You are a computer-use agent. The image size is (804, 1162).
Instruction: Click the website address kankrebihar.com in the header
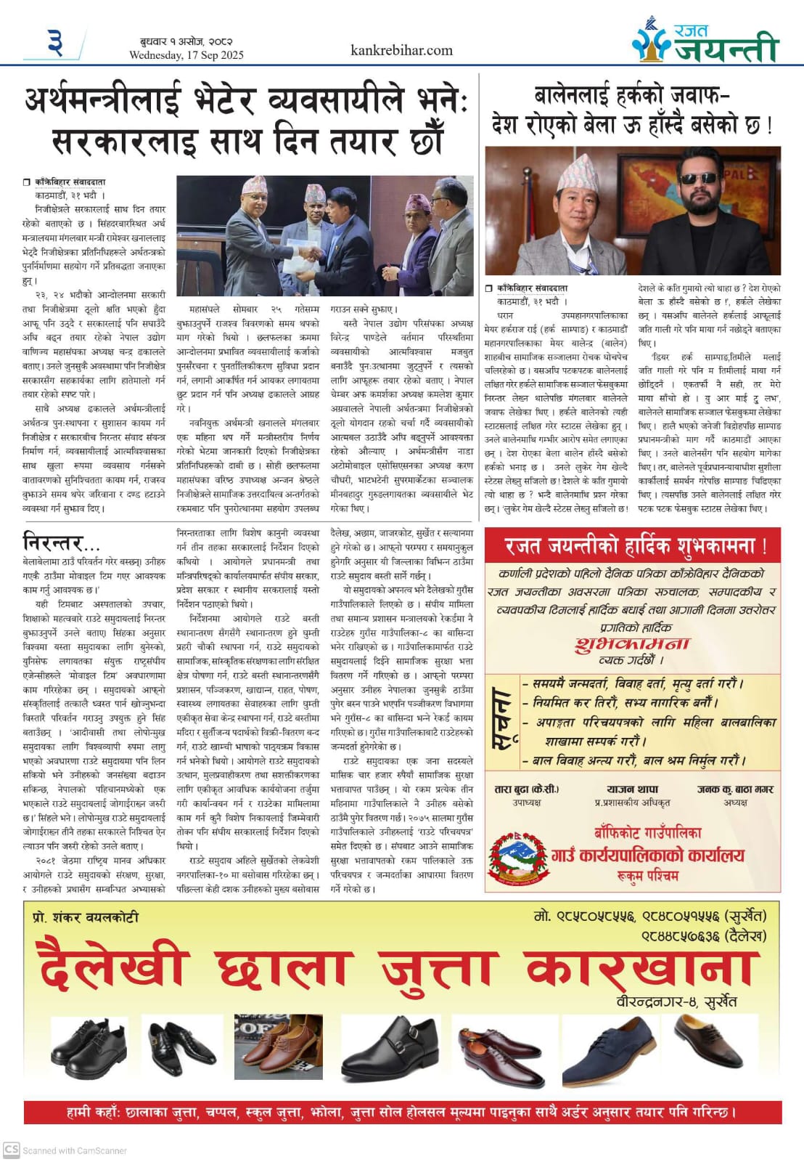point(401,50)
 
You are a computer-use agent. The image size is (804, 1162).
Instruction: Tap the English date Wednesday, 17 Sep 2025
point(186,55)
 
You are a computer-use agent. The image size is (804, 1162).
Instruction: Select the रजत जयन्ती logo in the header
point(704,42)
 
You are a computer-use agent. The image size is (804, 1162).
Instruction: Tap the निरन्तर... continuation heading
point(62,542)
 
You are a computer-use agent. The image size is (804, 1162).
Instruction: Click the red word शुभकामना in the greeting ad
point(631,644)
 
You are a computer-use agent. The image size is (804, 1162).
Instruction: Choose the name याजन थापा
point(632,789)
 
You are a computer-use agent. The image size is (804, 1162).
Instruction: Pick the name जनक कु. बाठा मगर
point(735,789)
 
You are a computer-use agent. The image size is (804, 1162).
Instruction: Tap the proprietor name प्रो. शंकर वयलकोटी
point(86,917)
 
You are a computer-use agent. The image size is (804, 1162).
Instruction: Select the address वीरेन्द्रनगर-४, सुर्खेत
point(676,1001)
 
